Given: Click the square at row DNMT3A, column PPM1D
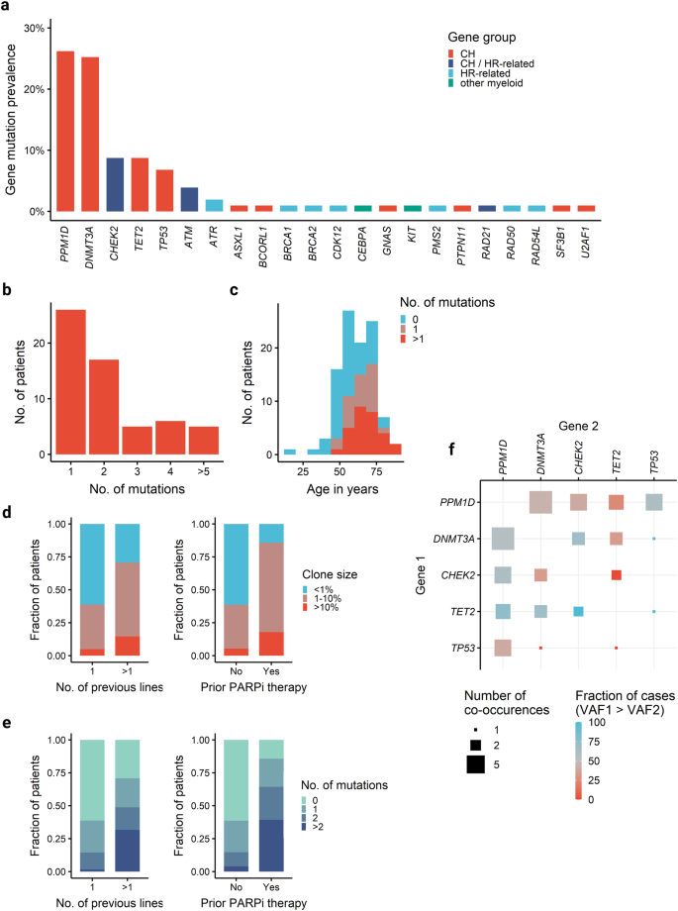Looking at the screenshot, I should point(503,538).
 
